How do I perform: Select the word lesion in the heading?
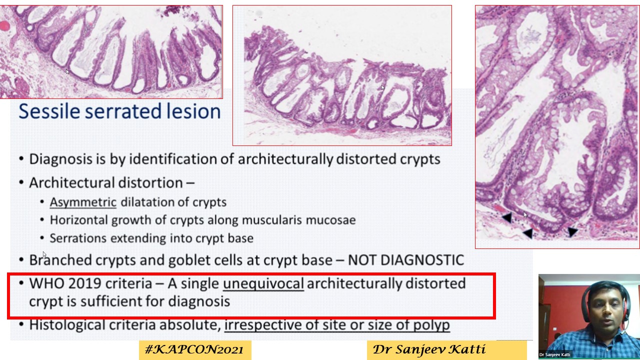pos(191,111)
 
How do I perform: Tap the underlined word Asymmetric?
pos(83,202)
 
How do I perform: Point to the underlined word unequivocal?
pos(263,283)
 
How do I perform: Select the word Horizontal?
pos(78,220)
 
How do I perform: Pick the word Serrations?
pos(78,238)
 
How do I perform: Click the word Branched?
pos(60,260)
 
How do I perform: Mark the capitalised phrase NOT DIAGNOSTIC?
pos(405,260)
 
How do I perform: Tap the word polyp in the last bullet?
pos(431,325)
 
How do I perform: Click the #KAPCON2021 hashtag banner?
pos(194,349)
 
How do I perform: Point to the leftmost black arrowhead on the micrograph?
pos(506,217)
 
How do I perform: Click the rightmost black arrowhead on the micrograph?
pos(572,231)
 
